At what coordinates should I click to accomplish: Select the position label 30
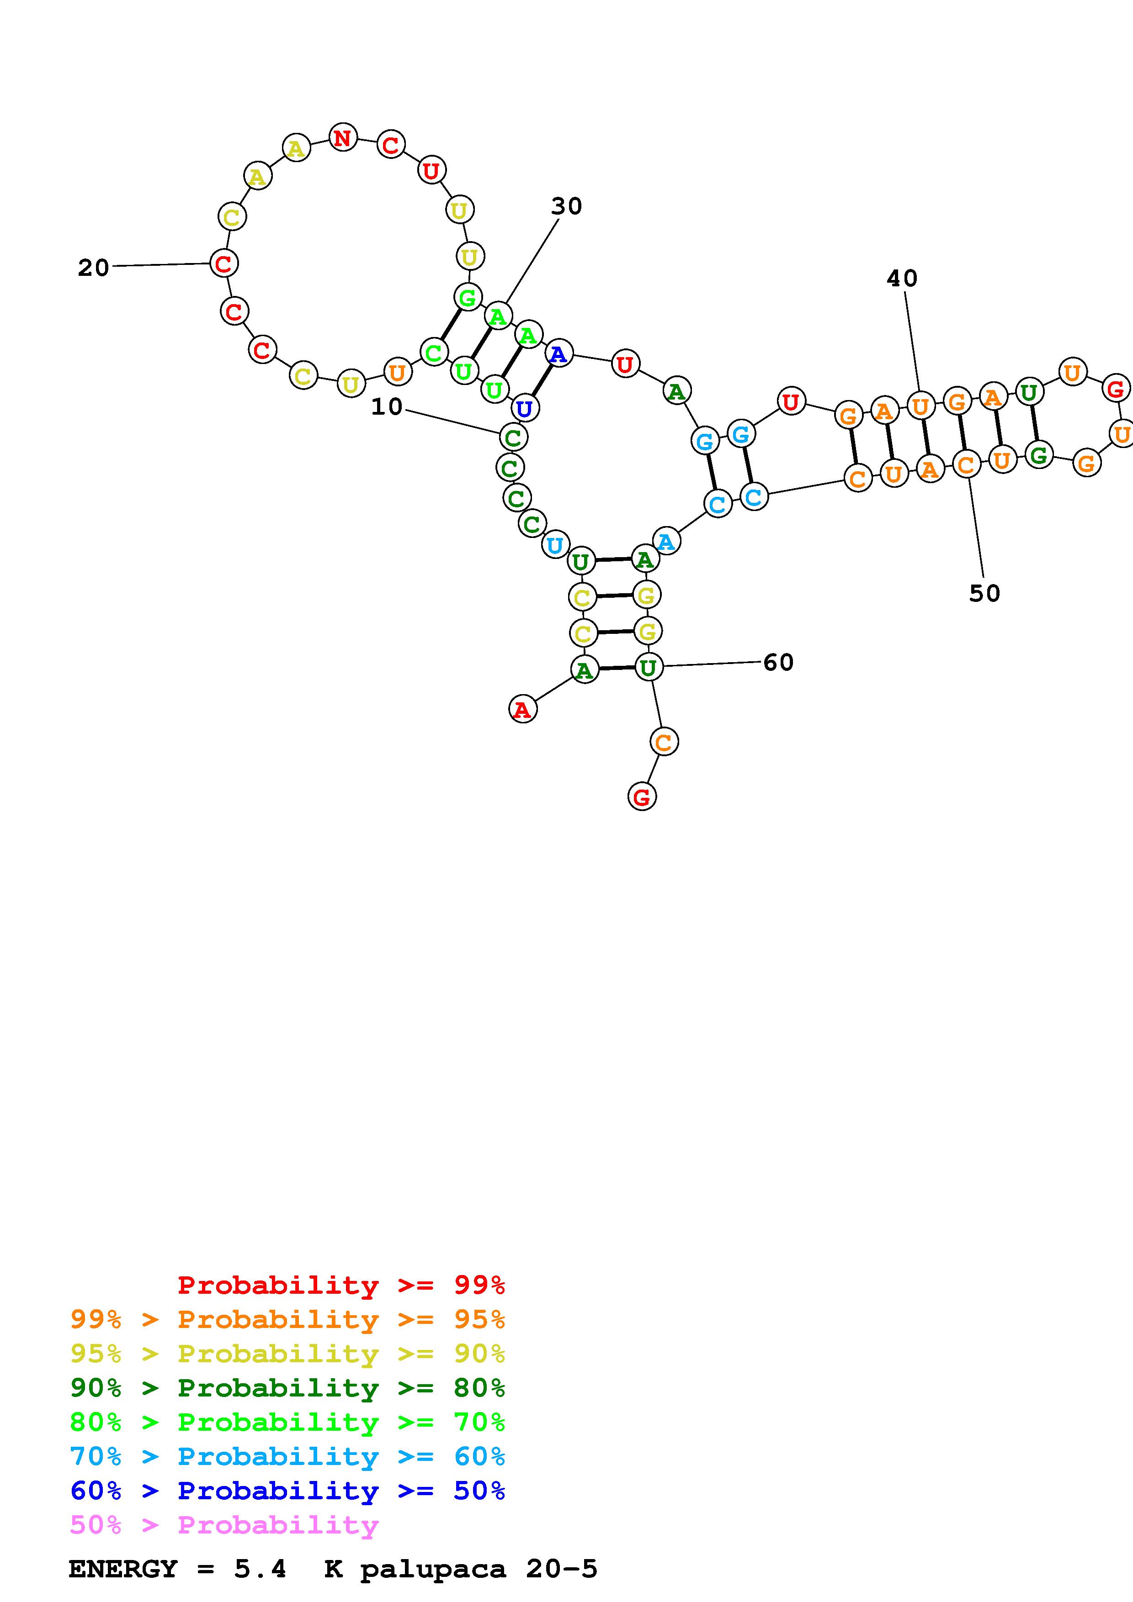(x=566, y=206)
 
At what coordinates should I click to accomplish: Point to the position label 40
(x=902, y=279)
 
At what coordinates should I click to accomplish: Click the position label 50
(x=984, y=594)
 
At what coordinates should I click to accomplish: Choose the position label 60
(x=778, y=662)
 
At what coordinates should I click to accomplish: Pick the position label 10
(x=387, y=407)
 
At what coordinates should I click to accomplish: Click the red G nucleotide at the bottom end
(x=642, y=796)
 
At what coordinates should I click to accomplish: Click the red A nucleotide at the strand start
(x=523, y=710)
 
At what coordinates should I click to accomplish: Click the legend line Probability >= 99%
(x=341, y=1285)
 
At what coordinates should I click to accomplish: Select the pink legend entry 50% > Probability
(x=224, y=1525)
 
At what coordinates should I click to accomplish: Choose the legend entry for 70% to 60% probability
(x=287, y=1457)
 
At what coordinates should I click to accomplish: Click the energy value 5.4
(x=260, y=1569)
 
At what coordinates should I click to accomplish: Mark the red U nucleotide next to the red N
(x=431, y=169)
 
